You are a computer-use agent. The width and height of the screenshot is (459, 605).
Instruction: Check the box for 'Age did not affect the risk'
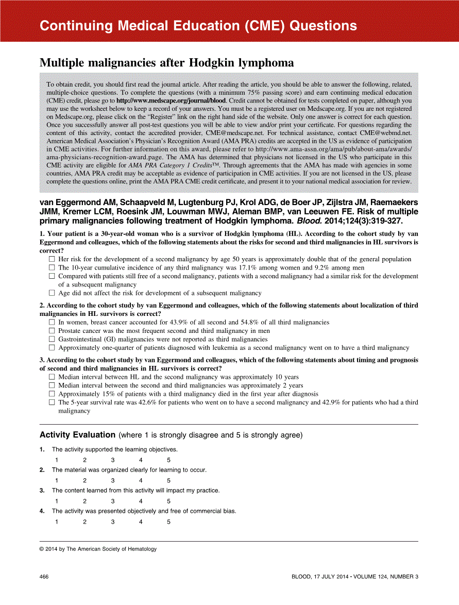52,293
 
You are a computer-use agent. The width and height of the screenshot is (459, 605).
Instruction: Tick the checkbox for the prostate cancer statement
52,331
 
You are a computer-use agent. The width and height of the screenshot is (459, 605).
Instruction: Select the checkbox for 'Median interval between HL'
52,377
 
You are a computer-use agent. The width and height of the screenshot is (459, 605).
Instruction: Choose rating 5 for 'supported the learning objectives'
168,460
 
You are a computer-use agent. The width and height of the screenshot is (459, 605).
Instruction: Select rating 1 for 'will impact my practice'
57,501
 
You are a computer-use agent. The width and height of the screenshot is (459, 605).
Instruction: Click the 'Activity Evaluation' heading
78,435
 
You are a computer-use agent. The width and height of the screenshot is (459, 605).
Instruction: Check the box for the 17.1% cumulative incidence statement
52,268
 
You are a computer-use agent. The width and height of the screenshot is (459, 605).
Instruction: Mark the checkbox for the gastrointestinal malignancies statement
52,339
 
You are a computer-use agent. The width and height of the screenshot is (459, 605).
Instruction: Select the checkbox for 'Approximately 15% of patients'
52,394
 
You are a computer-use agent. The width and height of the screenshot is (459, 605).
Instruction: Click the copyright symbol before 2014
42,549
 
